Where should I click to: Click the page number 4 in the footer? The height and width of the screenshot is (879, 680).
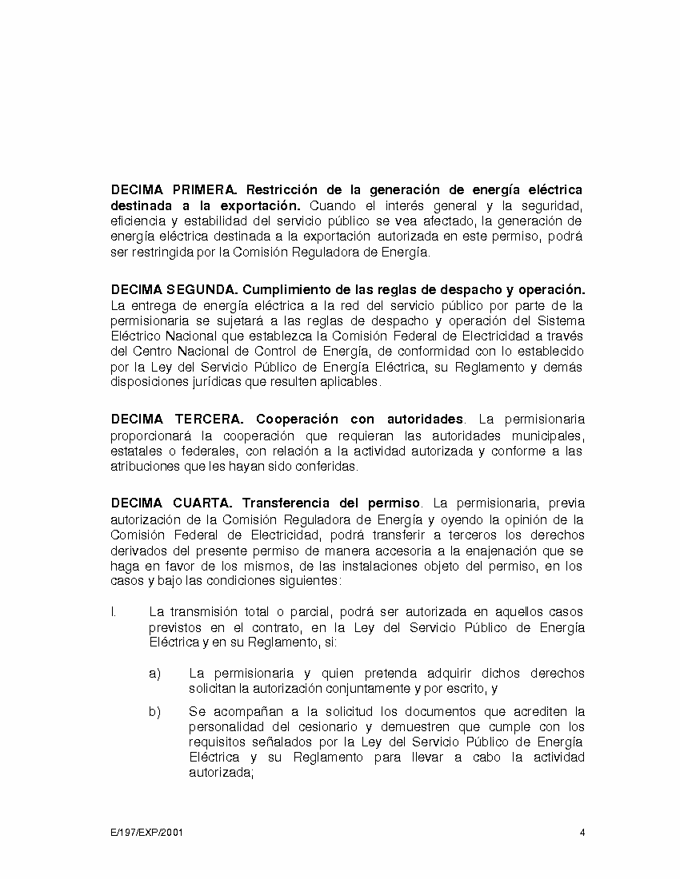(582, 832)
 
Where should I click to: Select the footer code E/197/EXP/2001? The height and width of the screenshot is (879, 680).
(147, 832)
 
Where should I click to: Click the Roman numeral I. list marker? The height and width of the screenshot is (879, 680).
(114, 612)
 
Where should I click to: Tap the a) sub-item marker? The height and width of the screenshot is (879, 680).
(155, 674)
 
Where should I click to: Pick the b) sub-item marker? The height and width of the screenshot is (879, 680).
(155, 711)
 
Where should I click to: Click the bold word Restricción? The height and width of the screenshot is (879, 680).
(284, 190)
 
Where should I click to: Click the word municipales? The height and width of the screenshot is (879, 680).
(545, 436)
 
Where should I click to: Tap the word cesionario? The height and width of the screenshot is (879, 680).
(294, 727)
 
